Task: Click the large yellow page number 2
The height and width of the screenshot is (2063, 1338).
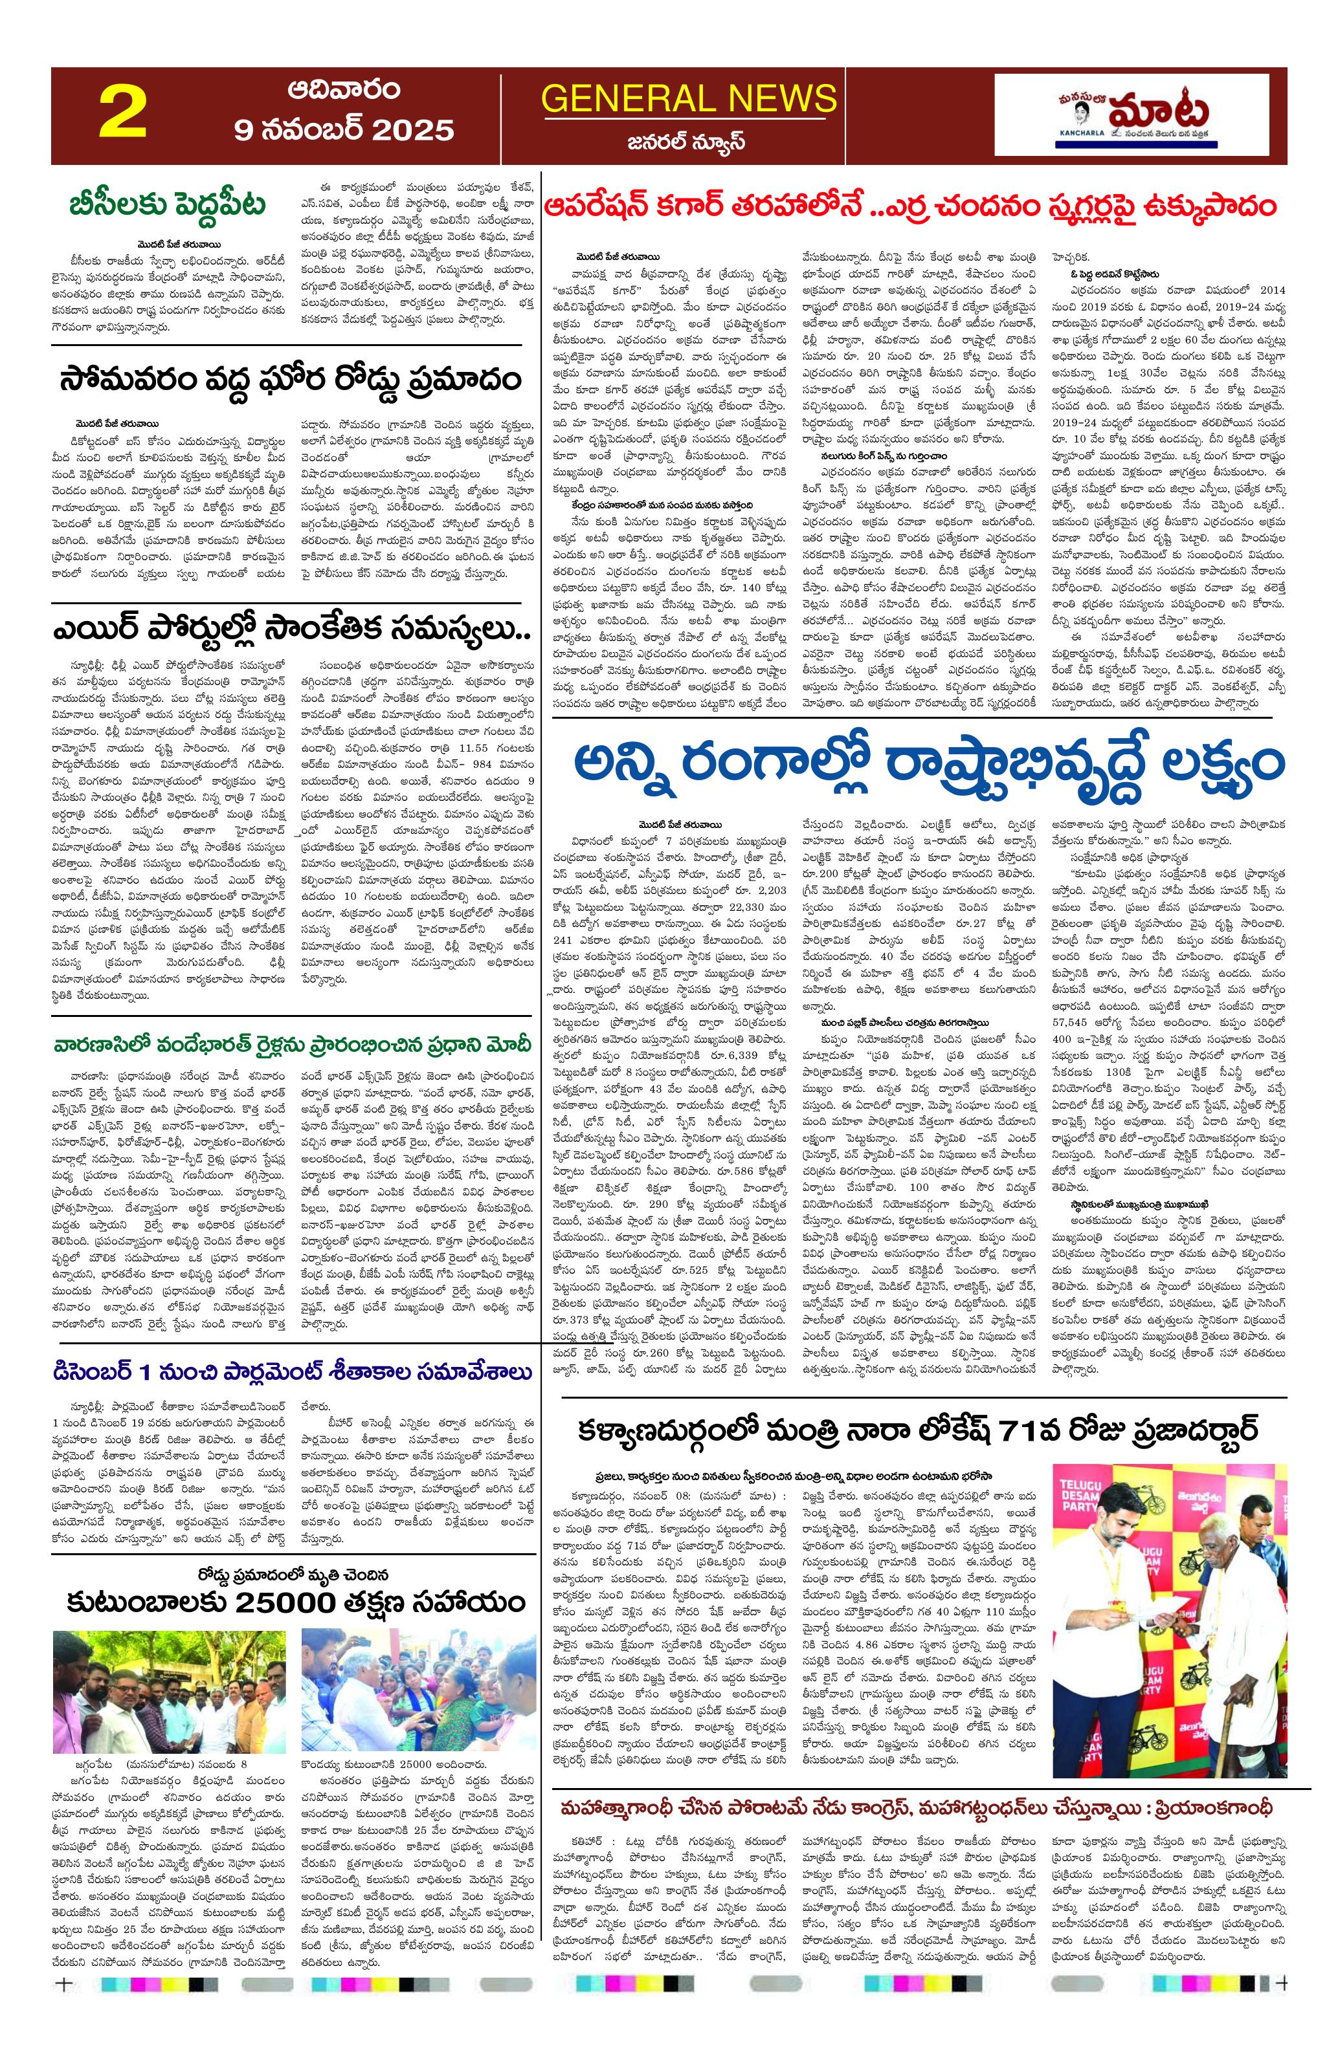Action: click(122, 115)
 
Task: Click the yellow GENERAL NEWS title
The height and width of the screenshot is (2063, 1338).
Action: click(689, 99)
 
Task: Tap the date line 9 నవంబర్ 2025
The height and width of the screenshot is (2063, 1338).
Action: click(344, 130)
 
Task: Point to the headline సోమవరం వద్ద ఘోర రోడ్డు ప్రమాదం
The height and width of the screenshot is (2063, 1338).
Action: click(291, 380)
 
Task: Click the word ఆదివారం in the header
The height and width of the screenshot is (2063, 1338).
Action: click(344, 90)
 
